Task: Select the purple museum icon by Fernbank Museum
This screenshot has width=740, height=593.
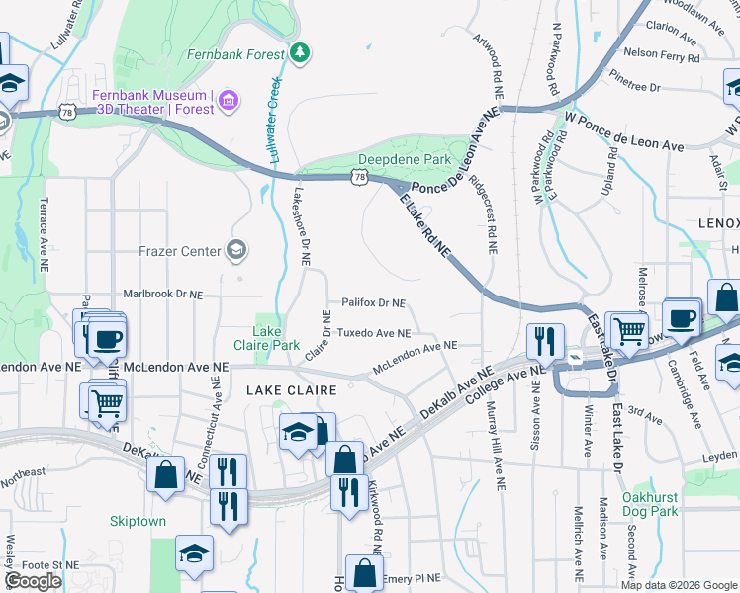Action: pyautogui.click(x=229, y=99)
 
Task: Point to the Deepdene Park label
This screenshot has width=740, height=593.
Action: pyautogui.click(x=405, y=159)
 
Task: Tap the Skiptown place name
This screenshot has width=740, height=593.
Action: pyautogui.click(x=138, y=521)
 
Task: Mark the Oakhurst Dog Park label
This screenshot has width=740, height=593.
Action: pyautogui.click(x=651, y=504)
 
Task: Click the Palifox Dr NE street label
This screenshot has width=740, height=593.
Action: pyautogui.click(x=374, y=303)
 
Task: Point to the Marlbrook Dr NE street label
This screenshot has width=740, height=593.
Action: pyautogui.click(x=162, y=294)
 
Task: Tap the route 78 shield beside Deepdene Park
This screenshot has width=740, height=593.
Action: pyautogui.click(x=362, y=177)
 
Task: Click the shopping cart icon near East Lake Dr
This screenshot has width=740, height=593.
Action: pyautogui.click(x=628, y=331)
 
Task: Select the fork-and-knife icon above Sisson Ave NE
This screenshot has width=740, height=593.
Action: pyautogui.click(x=545, y=341)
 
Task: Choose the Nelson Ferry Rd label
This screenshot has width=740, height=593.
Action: pyautogui.click(x=663, y=56)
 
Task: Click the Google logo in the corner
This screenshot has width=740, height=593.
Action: pyautogui.click(x=33, y=581)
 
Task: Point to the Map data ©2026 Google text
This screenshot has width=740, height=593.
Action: pyautogui.click(x=678, y=585)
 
